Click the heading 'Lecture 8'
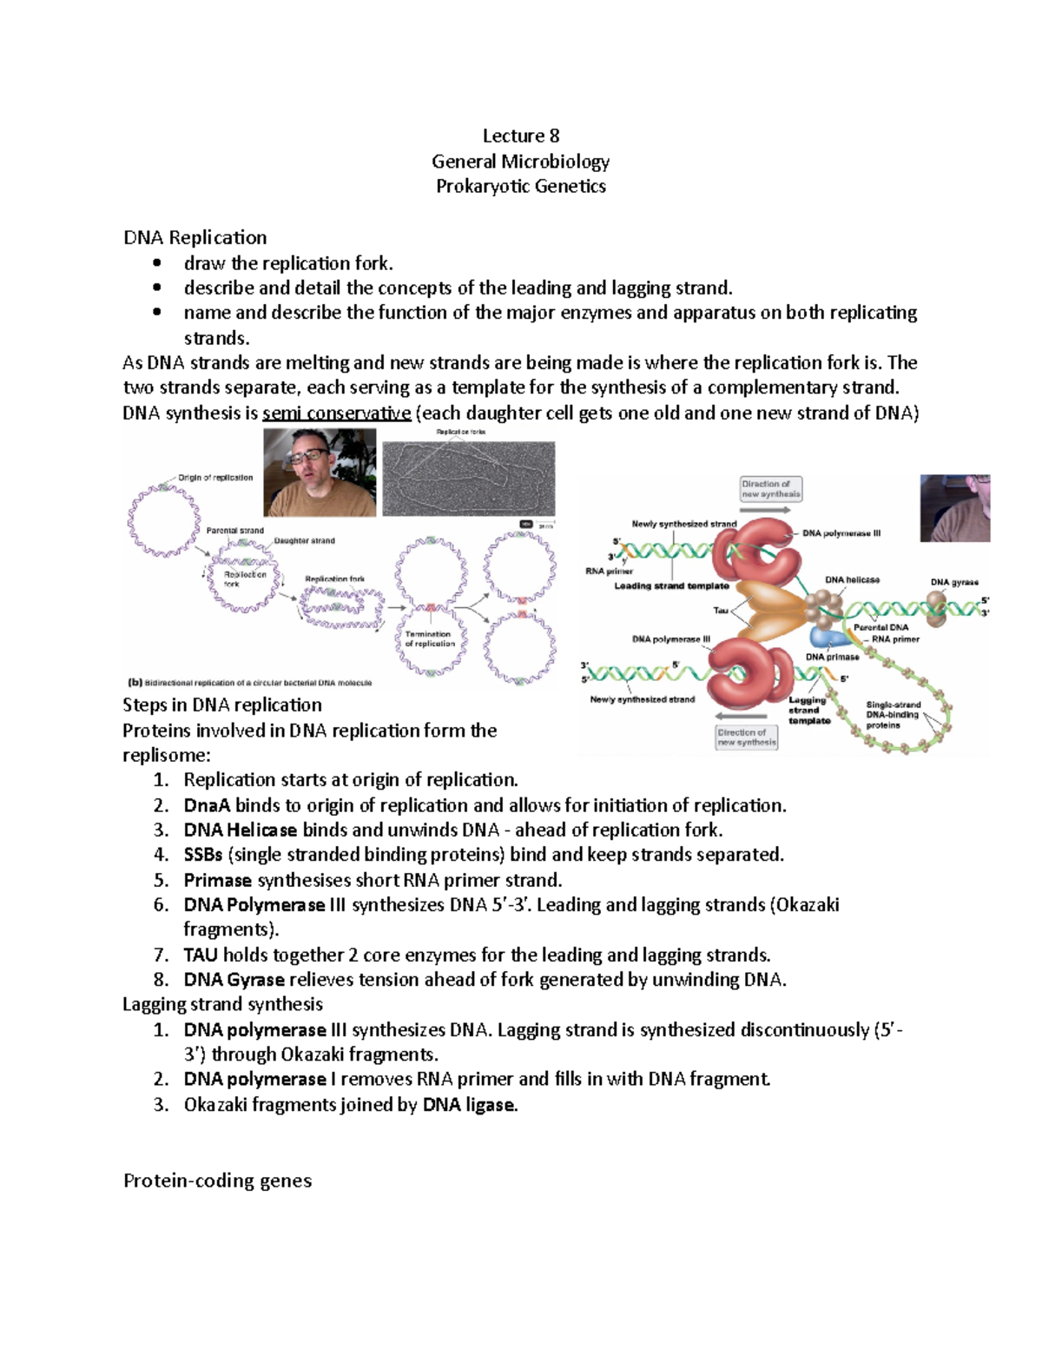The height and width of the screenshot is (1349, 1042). [521, 136]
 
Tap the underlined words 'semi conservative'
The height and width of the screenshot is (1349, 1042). [336, 413]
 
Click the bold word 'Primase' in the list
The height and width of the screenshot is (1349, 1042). [217, 880]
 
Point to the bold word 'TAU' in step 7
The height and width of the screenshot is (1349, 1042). [201, 956]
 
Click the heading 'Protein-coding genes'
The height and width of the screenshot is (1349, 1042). [217, 1180]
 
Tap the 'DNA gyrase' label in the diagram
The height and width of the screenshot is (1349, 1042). [953, 582]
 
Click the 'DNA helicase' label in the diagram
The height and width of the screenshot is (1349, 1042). [852, 579]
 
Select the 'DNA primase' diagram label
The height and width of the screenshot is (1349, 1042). [832, 657]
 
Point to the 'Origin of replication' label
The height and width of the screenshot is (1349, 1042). [215, 478]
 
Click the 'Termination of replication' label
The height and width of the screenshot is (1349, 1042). [429, 638]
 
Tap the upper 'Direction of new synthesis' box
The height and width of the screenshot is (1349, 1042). [770, 489]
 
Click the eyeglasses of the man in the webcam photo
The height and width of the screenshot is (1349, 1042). [311, 453]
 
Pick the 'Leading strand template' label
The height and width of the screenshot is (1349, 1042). [671, 586]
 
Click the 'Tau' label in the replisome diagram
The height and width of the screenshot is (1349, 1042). [720, 610]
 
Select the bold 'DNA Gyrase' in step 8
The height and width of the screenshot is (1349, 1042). [234, 980]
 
